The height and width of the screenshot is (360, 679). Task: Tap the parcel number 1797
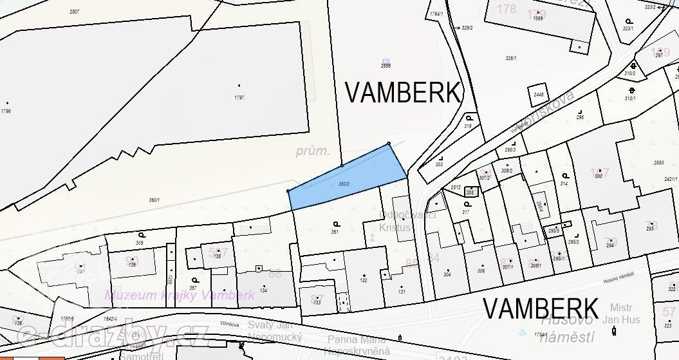point(239,97)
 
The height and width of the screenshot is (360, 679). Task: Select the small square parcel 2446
point(539,95)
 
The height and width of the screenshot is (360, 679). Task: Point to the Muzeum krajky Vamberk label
point(180,296)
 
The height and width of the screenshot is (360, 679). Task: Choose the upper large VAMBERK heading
point(404,93)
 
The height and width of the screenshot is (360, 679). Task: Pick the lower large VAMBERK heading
point(541,308)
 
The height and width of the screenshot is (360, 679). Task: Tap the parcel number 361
point(335,231)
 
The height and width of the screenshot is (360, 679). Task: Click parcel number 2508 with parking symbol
point(386,66)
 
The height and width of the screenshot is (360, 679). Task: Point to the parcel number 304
point(447,274)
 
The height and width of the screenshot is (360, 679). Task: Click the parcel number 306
point(481,270)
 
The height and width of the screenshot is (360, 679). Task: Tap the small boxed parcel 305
point(470,192)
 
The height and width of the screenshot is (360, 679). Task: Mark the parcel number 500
point(598,176)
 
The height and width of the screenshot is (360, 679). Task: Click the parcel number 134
point(263,290)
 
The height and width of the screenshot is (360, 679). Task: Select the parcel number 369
point(140,242)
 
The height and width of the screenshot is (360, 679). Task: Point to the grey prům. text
point(313,152)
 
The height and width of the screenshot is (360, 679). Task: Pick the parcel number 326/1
point(511,58)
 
